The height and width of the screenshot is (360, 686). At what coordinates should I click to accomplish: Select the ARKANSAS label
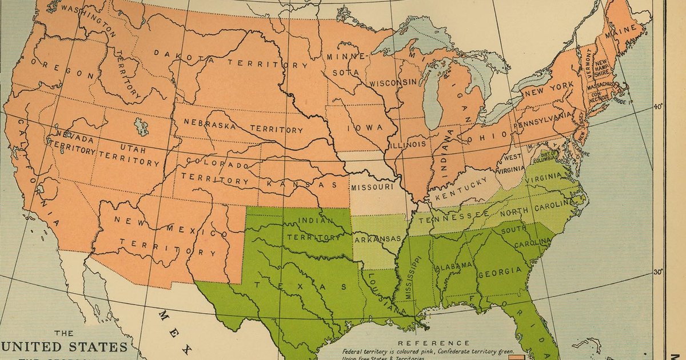point(377,239)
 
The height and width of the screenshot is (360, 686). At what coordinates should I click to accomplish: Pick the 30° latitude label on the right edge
point(658,272)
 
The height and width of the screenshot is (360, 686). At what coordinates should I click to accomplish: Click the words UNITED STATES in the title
point(64,347)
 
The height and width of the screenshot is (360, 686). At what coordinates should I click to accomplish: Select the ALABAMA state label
point(453,266)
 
